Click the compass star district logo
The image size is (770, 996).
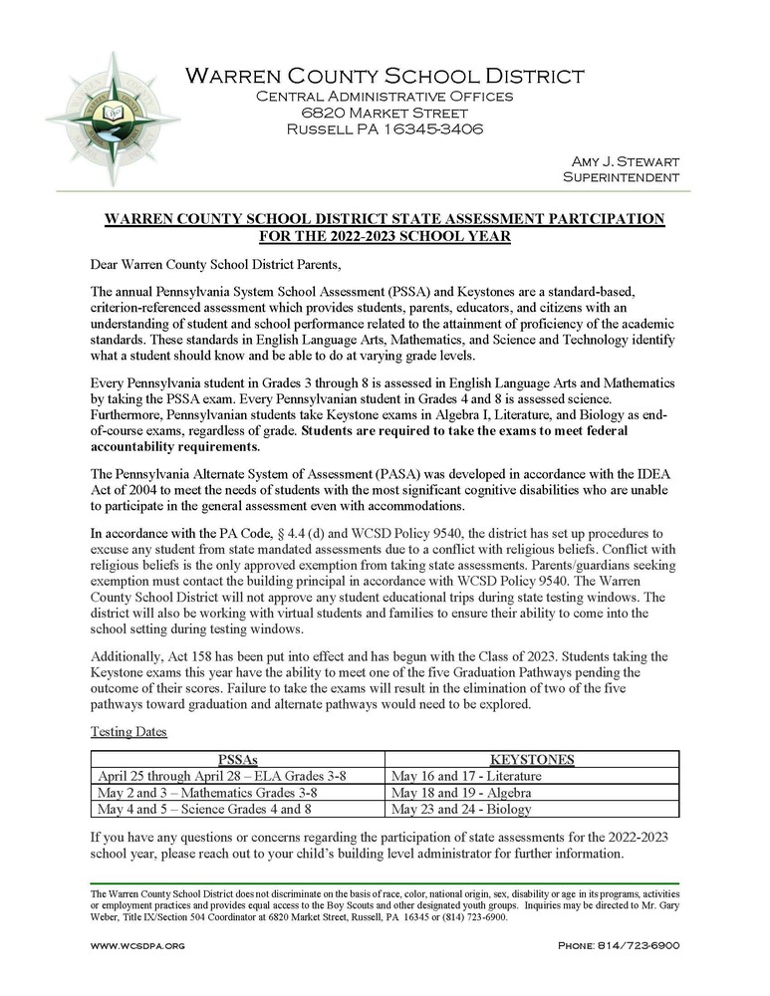113,119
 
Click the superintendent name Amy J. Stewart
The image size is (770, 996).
625,161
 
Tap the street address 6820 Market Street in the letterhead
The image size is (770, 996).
385,113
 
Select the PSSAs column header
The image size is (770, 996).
237,759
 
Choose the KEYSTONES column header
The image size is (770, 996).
532,759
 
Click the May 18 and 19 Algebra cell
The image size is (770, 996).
459,793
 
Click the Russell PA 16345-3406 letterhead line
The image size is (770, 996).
385,129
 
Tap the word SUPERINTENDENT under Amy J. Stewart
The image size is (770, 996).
621,177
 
